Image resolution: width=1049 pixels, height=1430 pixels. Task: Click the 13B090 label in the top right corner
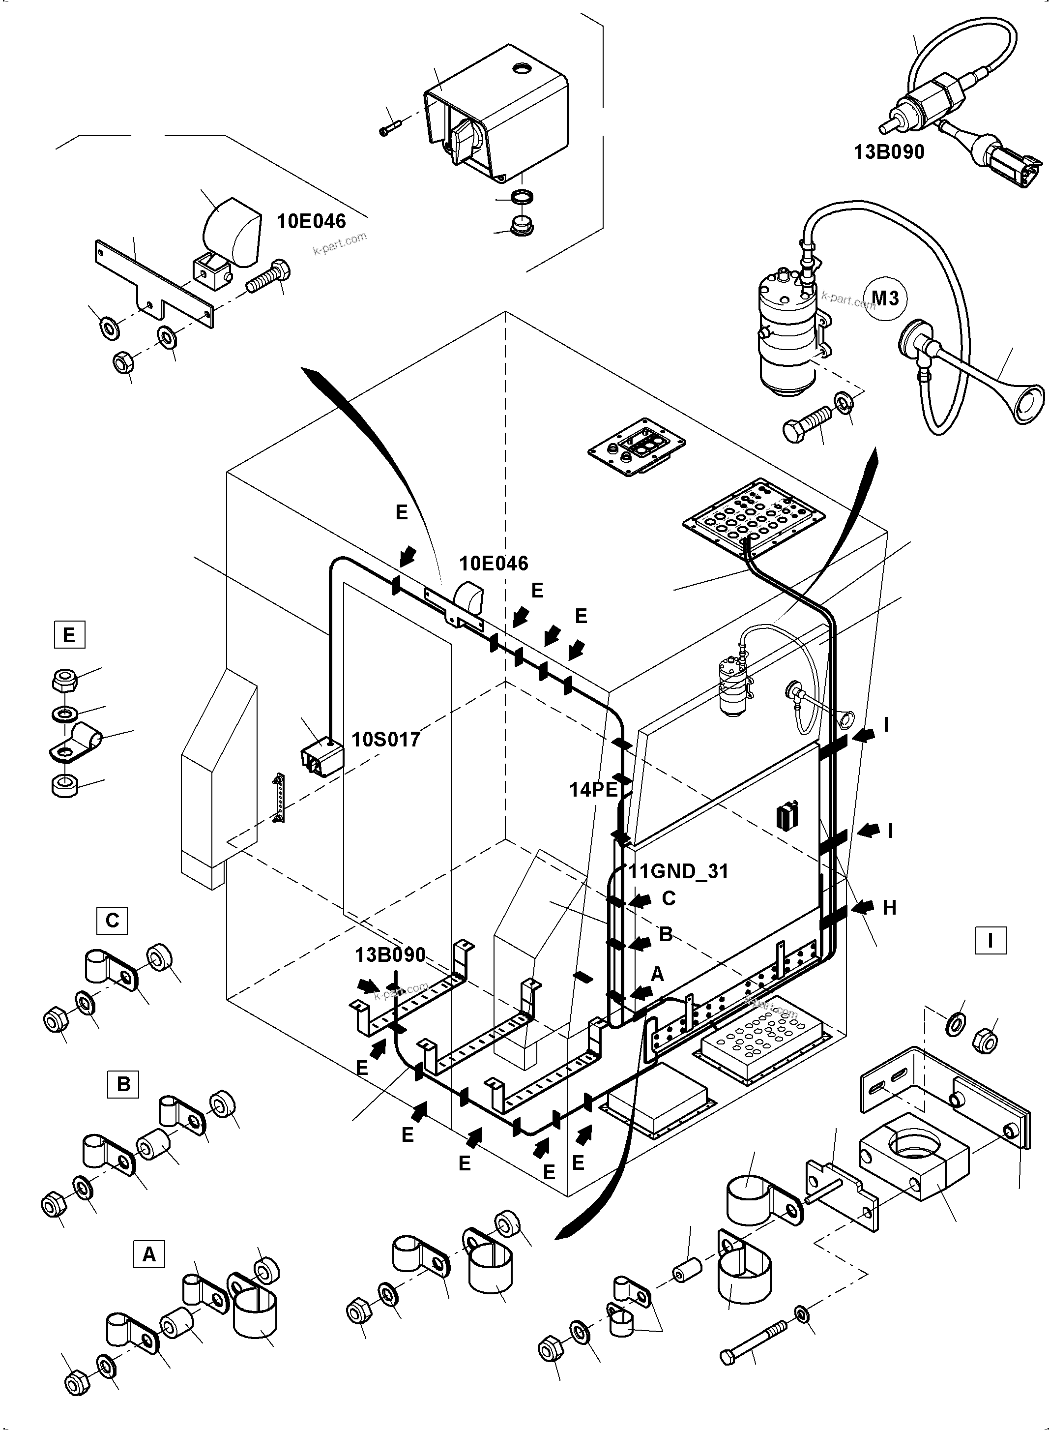[x=889, y=152]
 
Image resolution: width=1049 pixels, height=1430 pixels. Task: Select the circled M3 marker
[x=885, y=298]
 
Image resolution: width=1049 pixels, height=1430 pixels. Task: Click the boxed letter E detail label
[x=69, y=635]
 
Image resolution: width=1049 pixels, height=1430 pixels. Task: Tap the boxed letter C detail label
[x=112, y=921]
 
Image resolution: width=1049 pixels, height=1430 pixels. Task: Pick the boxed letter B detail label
[x=123, y=1084]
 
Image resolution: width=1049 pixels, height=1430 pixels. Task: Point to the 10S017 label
[x=385, y=740]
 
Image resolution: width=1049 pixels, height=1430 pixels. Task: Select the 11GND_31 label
[x=678, y=871]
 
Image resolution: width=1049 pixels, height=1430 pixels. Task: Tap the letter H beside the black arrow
[x=889, y=908]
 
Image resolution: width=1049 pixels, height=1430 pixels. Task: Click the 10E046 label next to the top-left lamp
[x=311, y=221]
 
